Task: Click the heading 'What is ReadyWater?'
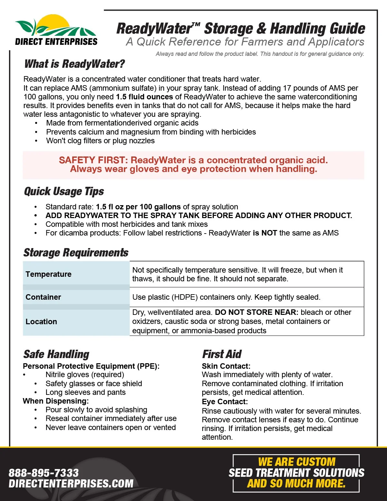point(74,64)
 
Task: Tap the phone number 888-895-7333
point(44,473)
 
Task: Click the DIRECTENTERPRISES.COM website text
point(71,484)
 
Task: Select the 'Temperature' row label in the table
point(48,274)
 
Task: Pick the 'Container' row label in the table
point(43,297)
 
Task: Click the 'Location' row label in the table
point(41,322)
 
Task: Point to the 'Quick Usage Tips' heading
point(64,191)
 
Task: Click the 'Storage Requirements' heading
point(76,253)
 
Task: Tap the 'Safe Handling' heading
point(56,354)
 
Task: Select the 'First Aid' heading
point(222,354)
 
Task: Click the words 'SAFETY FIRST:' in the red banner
point(94,160)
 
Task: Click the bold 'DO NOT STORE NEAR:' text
point(257,312)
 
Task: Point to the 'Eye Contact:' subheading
point(225,402)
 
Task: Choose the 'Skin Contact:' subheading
point(226,366)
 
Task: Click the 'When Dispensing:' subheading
point(55,401)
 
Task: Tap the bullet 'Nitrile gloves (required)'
point(85,375)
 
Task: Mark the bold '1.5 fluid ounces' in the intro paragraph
point(144,97)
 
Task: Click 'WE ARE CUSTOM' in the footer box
point(296,462)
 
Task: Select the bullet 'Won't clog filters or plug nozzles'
point(100,141)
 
